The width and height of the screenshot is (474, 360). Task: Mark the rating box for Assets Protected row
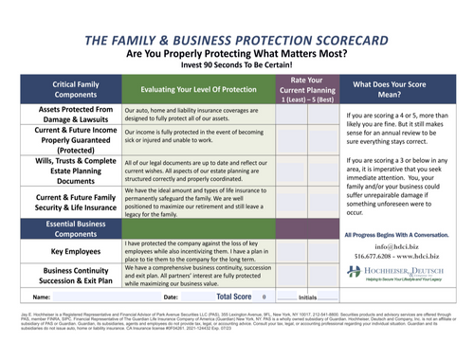click(x=295, y=116)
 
